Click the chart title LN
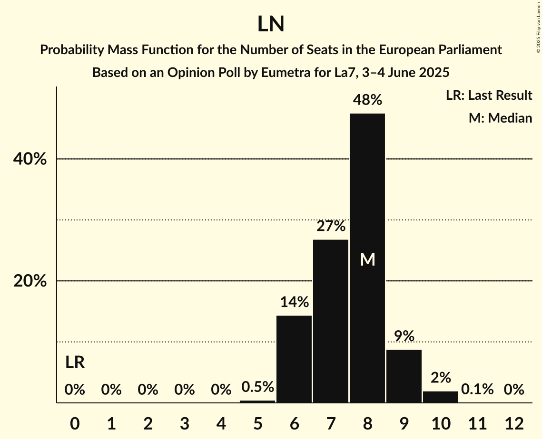point(271,24)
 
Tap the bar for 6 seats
point(294,359)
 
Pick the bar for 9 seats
point(404,376)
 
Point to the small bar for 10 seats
point(441,397)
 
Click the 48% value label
point(367,100)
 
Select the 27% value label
point(331,226)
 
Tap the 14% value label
point(294,302)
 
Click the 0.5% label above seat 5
point(257,387)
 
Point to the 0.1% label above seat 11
point(477,390)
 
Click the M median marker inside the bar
point(367,259)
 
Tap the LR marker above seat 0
point(75,363)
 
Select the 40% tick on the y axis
point(30,159)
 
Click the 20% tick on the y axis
point(30,281)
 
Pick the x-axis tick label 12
point(514,423)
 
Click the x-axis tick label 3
point(185,423)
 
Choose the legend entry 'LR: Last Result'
point(489,95)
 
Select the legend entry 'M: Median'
point(500,118)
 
